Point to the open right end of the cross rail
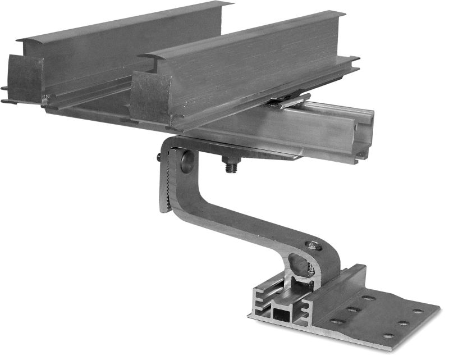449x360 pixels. [x=364, y=135]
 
